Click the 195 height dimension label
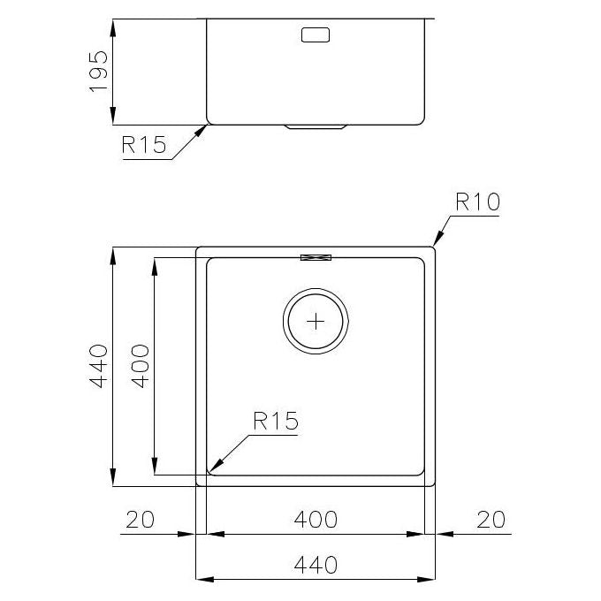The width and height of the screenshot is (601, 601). [98, 72]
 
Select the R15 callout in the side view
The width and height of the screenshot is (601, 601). [144, 145]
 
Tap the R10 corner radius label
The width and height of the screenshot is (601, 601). [477, 202]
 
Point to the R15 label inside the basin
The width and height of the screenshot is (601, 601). [276, 421]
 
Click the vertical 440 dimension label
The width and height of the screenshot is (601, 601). [98, 367]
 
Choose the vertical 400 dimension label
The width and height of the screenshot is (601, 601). [141, 367]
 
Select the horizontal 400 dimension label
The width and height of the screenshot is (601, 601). [316, 520]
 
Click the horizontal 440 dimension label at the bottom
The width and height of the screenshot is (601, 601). [316, 565]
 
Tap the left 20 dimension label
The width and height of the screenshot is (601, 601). [140, 520]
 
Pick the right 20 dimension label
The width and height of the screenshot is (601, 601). [491, 520]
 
